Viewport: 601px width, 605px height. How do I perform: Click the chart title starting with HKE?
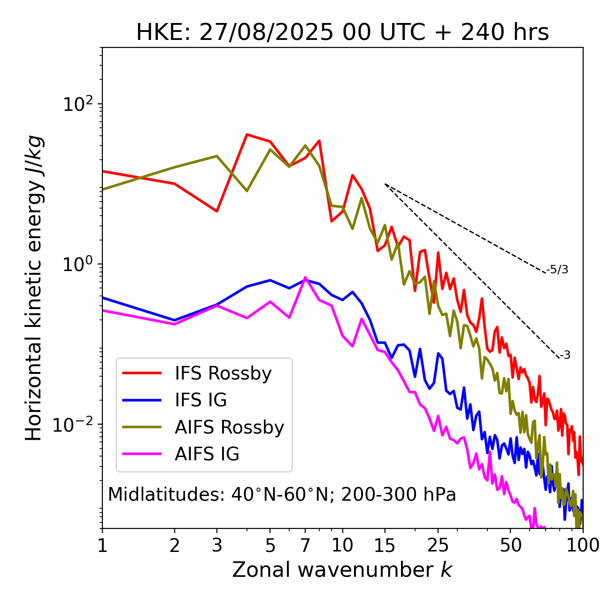342,33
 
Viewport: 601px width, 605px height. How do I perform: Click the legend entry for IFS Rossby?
223,373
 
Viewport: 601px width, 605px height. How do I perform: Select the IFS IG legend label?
200,400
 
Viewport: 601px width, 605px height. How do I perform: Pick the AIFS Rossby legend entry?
229,427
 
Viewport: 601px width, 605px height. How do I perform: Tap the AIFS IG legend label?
207,454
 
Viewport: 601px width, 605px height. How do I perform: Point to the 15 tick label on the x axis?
385,545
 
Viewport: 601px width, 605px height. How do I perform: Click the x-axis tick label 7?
305,545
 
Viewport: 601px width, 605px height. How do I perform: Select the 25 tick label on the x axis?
438,545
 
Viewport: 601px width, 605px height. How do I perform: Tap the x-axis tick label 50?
510,545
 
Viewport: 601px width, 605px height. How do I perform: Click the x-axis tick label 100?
582,545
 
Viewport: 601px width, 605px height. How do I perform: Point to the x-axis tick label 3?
216,545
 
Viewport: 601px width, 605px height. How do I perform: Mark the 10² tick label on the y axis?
78,104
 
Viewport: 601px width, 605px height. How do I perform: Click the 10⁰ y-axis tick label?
78,264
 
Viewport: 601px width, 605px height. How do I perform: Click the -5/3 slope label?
557,270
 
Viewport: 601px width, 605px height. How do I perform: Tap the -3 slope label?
565,356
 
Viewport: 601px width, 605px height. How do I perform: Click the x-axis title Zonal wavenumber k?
342,570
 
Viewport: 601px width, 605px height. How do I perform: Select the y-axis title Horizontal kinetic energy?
34,288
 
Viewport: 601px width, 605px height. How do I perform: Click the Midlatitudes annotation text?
282,495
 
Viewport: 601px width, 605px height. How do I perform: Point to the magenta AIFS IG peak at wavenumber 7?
305,278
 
